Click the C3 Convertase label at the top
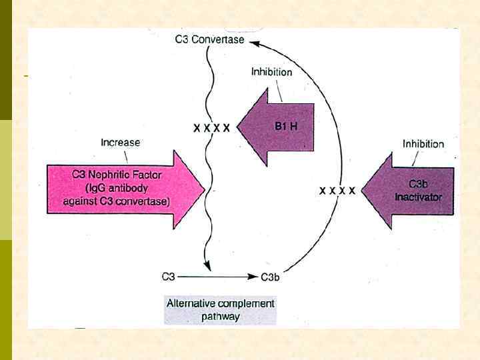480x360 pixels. pos(209,39)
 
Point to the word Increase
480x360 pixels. pos(120,142)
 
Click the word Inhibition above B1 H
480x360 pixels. pos(271,72)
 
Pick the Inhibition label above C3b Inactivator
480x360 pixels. pos(423,143)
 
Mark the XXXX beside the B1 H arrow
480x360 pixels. pos(211,127)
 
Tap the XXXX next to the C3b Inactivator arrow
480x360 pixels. pos(337,191)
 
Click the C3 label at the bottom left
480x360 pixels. pos(169,275)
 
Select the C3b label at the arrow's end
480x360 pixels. pos(270,277)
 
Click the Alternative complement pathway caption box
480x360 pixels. pos(220,309)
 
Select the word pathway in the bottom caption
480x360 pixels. pos(220,317)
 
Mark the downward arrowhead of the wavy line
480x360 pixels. pos(209,267)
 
